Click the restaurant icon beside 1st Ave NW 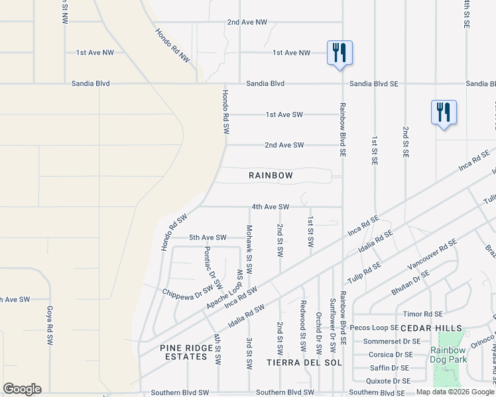(x=340, y=52)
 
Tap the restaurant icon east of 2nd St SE (x=443, y=112)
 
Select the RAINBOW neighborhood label (x=271, y=175)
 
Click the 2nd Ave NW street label (x=247, y=22)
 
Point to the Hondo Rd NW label (x=173, y=46)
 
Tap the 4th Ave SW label (x=271, y=206)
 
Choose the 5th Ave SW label (x=208, y=238)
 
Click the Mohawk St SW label (x=250, y=242)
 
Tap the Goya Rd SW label (x=50, y=326)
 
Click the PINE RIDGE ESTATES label (x=184, y=352)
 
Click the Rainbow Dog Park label (x=449, y=355)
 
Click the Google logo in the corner (x=22, y=389)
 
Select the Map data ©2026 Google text (x=456, y=392)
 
